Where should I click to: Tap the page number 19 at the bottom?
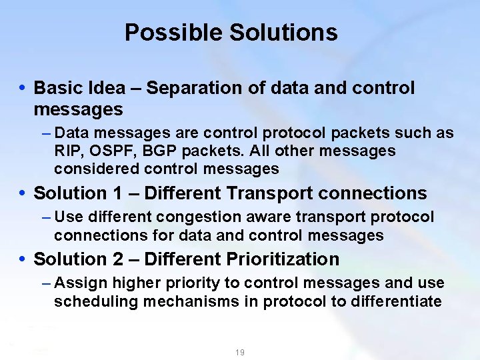(239, 352)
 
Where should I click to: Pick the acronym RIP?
(68, 151)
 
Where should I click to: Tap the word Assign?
(75, 283)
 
